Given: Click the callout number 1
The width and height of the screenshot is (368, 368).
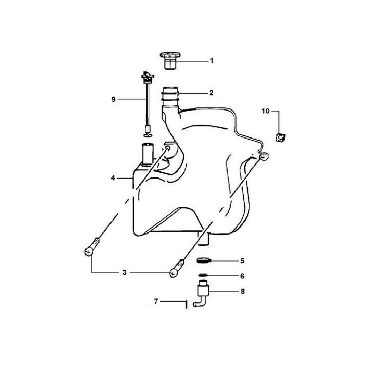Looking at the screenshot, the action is (x=212, y=61).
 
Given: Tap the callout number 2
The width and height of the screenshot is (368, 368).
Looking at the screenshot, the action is (x=211, y=93).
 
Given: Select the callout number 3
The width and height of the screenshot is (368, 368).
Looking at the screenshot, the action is (x=124, y=273).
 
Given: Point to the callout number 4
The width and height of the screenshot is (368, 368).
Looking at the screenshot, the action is (x=113, y=178).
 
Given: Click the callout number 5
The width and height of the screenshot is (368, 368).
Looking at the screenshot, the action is (x=242, y=260).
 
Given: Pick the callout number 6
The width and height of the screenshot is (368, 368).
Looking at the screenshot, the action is (x=242, y=276).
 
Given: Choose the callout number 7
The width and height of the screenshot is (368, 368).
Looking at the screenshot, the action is (x=156, y=301).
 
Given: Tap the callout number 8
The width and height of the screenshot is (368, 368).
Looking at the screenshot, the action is (x=243, y=292).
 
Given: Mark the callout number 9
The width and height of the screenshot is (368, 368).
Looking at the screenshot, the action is (x=113, y=99).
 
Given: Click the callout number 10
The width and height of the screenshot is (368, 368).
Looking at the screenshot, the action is (x=266, y=111).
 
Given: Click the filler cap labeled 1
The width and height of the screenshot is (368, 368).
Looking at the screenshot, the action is (x=170, y=60).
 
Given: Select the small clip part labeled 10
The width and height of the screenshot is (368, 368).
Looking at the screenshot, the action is (x=281, y=137).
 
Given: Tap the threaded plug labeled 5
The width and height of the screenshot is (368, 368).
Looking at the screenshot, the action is (x=204, y=260).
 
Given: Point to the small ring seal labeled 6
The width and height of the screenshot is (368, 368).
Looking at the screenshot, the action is (x=203, y=275).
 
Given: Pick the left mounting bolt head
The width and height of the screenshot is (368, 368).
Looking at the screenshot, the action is (x=88, y=252).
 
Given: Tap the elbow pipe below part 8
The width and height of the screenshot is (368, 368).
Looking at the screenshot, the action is (x=200, y=302).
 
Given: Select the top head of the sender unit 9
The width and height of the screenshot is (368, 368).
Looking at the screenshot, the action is (x=148, y=76).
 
